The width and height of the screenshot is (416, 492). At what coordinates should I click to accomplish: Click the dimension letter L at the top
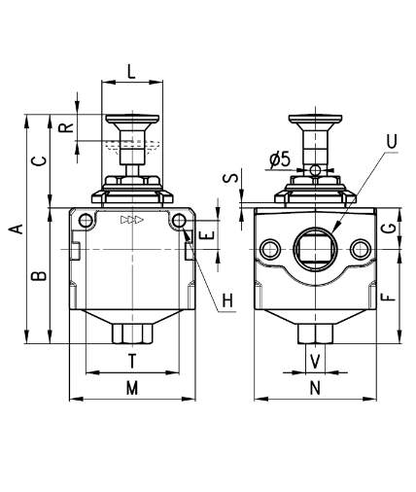point(131,71)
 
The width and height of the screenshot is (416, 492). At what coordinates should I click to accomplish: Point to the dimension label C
point(40,160)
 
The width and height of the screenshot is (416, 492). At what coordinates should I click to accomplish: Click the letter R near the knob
point(66,127)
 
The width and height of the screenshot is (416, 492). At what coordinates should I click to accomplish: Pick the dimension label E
point(208,235)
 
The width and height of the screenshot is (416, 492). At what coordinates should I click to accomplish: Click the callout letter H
point(227,300)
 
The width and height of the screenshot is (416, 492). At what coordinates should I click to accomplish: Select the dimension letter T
point(132,361)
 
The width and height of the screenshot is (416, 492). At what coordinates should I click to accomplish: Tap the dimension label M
point(132,388)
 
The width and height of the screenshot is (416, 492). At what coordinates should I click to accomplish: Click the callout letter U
point(392,141)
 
